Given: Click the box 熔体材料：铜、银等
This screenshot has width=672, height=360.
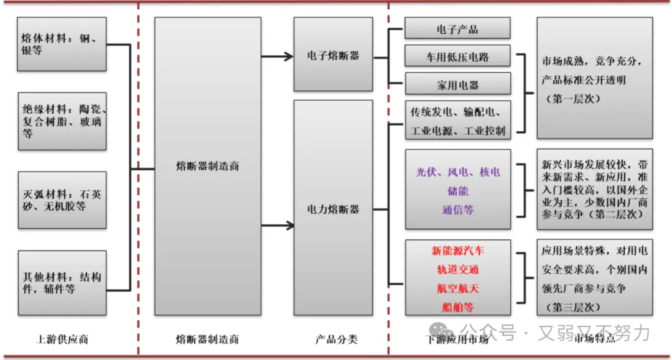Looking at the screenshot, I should coord(62,44).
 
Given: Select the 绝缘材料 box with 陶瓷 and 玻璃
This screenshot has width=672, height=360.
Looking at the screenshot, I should coord(62,121).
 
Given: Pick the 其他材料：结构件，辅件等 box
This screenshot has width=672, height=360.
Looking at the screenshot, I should coord(62,283).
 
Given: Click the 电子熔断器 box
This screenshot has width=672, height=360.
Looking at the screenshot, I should coord(333,55).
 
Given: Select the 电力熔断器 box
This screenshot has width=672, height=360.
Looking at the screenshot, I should coord(333,209).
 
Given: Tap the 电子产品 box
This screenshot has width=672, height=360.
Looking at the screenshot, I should coord(457,29).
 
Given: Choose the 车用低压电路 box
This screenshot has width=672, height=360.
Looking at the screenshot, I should coord(457,57).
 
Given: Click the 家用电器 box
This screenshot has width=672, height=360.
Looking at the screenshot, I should coord(457,85).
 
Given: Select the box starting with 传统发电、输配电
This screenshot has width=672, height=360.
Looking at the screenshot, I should coord(457,121).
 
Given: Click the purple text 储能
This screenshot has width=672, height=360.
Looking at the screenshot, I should coord(457,191).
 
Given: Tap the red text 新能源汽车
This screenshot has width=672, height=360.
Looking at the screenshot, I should coord(457,251).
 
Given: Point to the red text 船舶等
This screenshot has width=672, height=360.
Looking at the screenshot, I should coord(457,307).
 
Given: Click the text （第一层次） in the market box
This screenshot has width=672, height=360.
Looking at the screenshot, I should coord(572,98).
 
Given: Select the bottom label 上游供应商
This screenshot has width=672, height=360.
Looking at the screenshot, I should coord(62,339).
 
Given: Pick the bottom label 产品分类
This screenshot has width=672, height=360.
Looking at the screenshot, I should coord(336,339).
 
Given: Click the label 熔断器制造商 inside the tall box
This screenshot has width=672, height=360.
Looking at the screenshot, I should coord(207,166).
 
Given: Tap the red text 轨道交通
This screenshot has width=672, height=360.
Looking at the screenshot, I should coord(457,270).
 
